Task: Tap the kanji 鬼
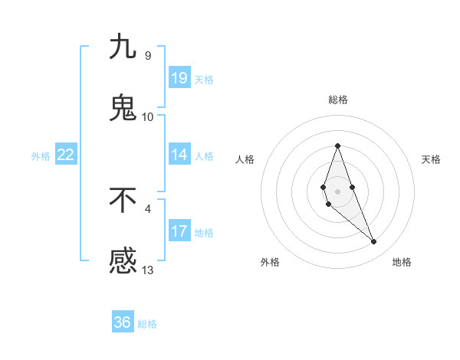coord(123,108)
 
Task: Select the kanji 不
coord(123,200)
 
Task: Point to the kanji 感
coord(123,261)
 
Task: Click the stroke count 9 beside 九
coord(148,55)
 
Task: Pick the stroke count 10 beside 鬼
coord(148,116)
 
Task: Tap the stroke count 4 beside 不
coord(148,208)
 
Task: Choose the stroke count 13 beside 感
coord(148,270)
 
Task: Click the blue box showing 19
coord(179,78)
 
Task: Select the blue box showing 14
coord(179,155)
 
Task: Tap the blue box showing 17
coord(179,231)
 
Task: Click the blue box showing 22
coord(66,155)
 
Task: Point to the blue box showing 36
coord(123,322)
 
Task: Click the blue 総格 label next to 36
coord(147,324)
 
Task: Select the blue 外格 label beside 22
coord(41,156)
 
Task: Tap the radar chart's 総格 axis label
coord(337,100)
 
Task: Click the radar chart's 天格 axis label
coord(431,159)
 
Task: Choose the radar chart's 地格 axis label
coord(402,262)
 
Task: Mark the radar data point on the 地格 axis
coord(374,241)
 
